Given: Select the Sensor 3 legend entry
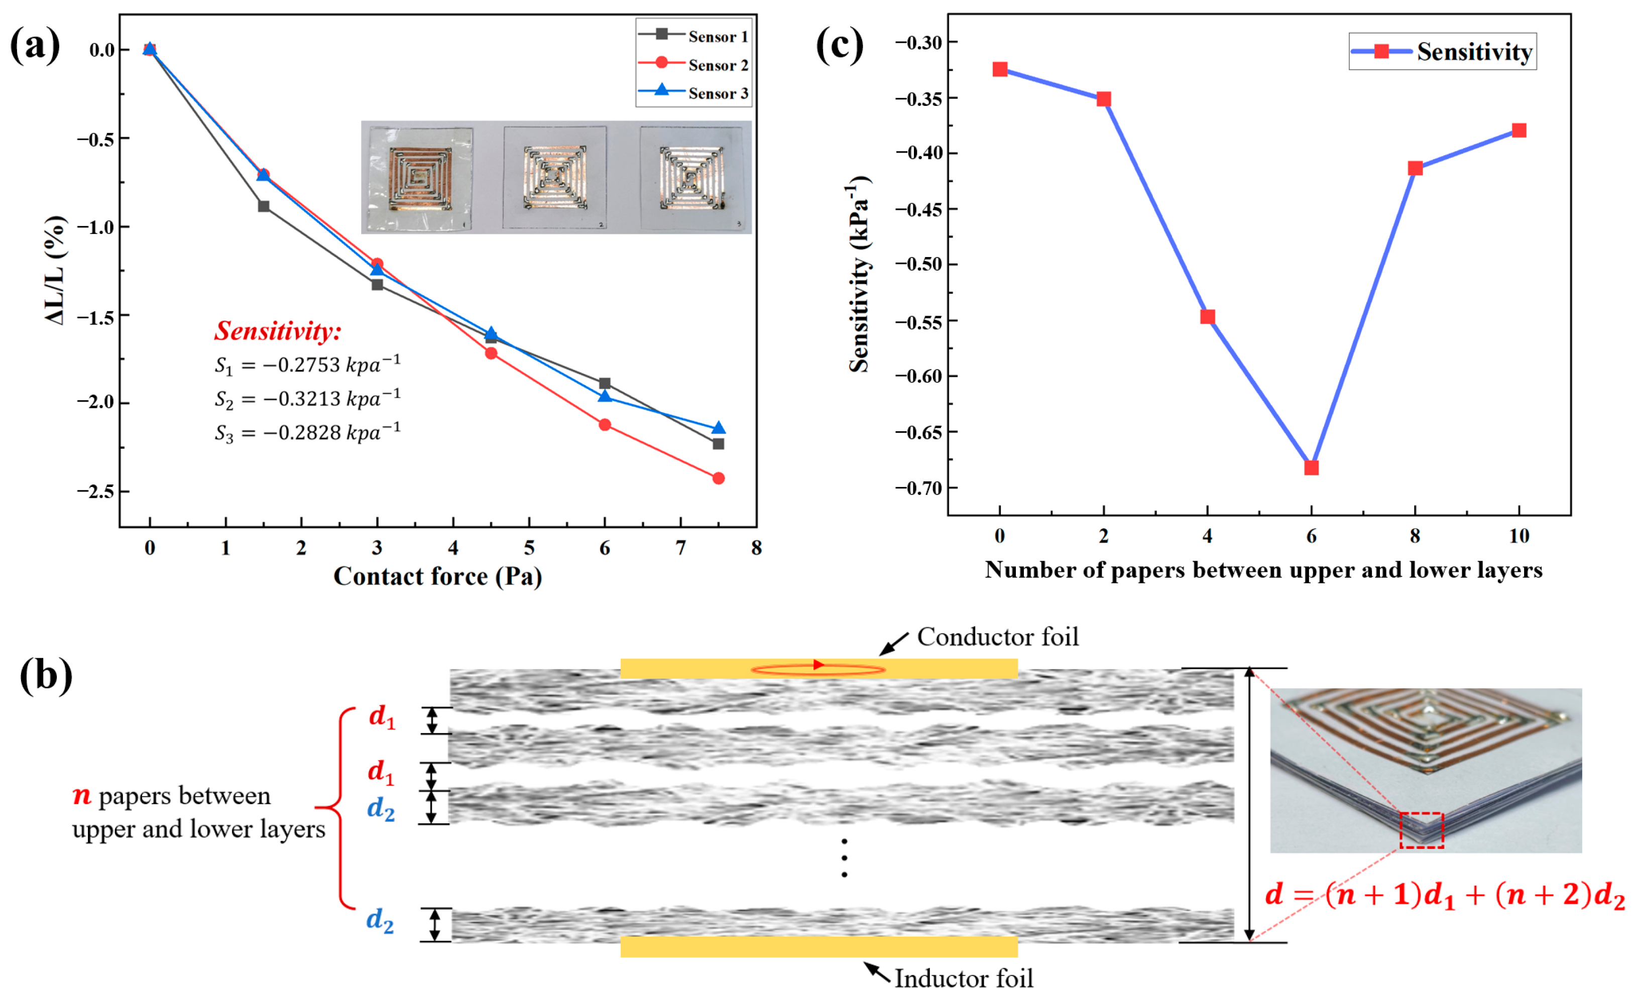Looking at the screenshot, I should [x=694, y=93].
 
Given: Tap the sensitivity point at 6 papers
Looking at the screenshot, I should [x=1311, y=468].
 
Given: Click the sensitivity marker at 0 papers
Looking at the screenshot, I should [x=1000, y=70].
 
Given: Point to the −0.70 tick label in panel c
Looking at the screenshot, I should [x=918, y=488].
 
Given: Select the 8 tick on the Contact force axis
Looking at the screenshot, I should [x=756, y=548].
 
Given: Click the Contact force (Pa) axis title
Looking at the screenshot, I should [x=437, y=576].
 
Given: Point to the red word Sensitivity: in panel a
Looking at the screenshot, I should [x=278, y=330].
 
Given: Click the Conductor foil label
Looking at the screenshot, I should [x=998, y=637].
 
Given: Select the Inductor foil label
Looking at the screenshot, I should [x=964, y=978].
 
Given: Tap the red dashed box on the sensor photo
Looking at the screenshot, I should [x=1422, y=830].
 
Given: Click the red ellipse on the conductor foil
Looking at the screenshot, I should [x=818, y=670].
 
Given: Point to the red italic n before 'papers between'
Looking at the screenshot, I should [x=82, y=795].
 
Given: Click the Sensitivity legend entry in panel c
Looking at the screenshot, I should [x=1443, y=52].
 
